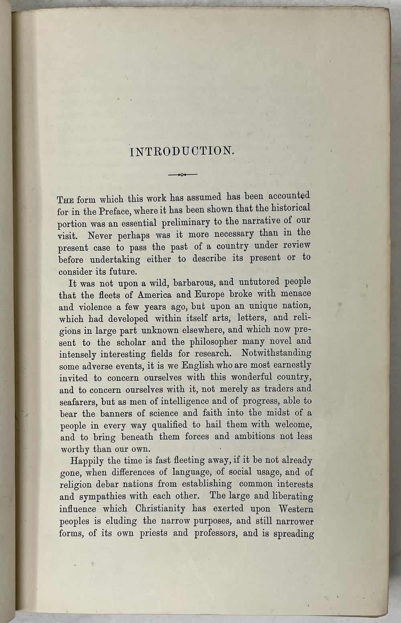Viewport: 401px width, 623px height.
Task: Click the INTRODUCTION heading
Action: (182, 151)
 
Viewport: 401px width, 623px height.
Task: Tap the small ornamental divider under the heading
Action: (182, 175)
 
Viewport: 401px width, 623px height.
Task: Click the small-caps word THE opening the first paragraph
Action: (66, 200)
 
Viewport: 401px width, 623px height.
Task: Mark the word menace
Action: (296, 294)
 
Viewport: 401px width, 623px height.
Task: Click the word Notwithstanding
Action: (277, 353)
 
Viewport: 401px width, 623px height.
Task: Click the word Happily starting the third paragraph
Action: (86, 461)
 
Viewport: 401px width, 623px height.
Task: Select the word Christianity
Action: (160, 509)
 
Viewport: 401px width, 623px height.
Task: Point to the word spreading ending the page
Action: (294, 534)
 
